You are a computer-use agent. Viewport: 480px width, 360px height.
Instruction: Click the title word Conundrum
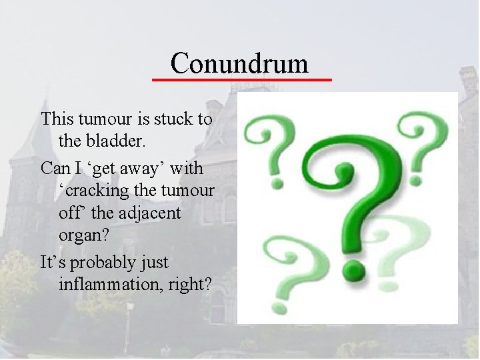[239, 63]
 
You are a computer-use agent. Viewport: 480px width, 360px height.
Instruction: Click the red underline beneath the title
[241, 79]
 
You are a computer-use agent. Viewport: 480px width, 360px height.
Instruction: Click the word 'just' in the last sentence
[153, 262]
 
